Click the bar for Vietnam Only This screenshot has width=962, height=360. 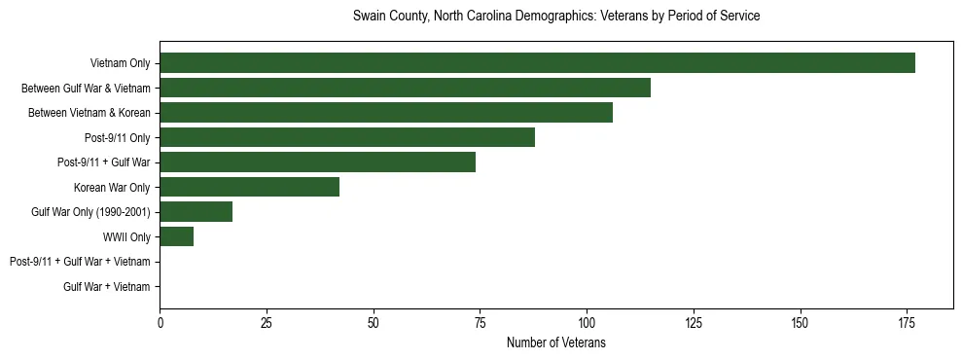[537, 63]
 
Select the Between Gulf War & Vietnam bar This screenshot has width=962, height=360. [405, 88]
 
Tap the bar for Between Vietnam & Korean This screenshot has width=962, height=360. [386, 113]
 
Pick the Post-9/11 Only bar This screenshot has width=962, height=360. [347, 137]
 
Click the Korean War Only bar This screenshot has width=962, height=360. [249, 187]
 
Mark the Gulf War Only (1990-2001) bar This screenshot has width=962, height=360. [196, 212]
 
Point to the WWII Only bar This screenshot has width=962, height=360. [176, 236]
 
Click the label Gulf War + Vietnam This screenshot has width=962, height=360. [107, 286]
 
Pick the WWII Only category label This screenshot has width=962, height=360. [126, 236]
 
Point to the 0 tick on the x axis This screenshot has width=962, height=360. [160, 322]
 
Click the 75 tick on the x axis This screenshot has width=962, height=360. [480, 322]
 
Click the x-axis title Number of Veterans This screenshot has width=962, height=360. [555, 342]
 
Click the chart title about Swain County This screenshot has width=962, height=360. [555, 17]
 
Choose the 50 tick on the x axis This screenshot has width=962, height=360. [374, 322]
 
